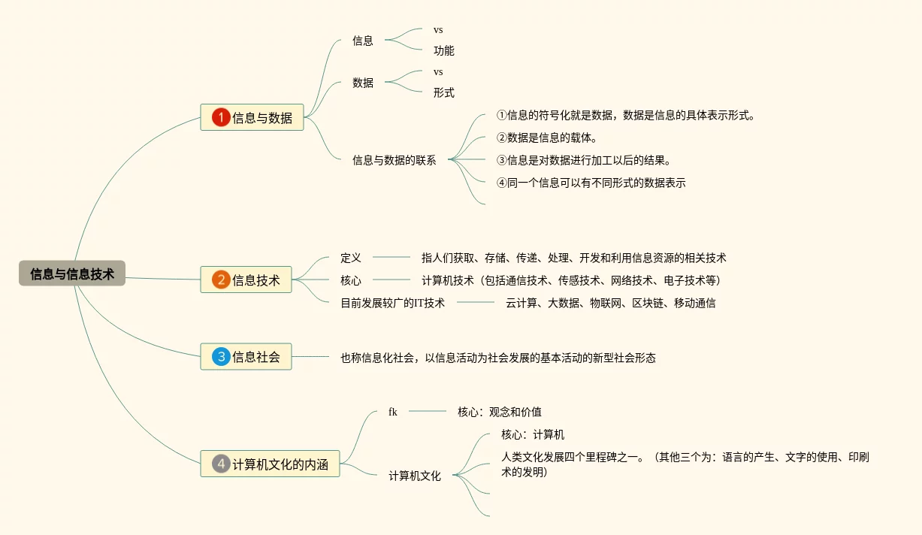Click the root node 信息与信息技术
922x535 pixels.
tap(72, 274)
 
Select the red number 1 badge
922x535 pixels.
tap(221, 117)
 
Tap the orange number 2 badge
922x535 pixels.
tap(221, 280)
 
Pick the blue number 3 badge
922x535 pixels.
tap(221, 357)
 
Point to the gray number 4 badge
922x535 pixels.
tap(221, 464)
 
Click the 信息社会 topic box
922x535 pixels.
tap(246, 357)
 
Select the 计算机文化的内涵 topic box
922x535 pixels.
tap(270, 464)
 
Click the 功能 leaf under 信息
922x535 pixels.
tap(443, 51)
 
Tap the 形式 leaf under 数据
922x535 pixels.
tap(443, 93)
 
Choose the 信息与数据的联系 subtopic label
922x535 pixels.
tap(394, 160)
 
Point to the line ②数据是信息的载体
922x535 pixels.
tap(546, 138)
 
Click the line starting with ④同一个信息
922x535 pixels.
tap(591, 183)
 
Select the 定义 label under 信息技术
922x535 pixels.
tap(350, 258)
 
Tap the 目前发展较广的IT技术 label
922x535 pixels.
tap(392, 303)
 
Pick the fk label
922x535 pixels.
tap(393, 412)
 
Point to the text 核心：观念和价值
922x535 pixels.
tap(499, 412)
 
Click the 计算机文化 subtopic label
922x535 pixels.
tap(415, 476)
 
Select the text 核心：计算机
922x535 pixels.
tap(533, 434)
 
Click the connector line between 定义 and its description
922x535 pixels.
tap(391, 258)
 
